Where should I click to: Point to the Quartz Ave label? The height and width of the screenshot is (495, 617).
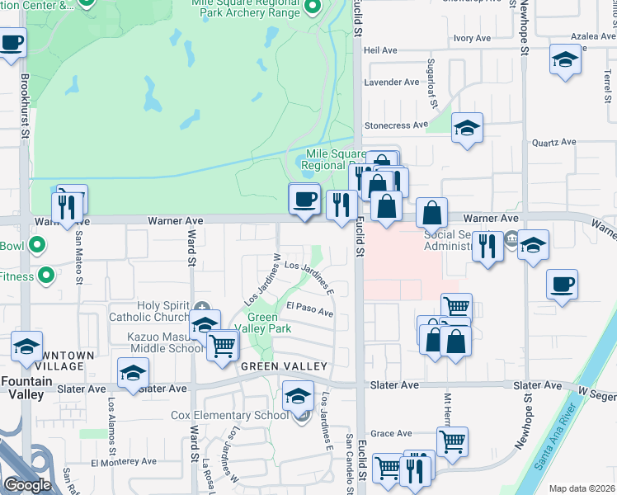[x=553, y=142]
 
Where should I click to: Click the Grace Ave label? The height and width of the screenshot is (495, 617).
[x=391, y=434]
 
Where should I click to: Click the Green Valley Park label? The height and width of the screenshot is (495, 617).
[x=269, y=323]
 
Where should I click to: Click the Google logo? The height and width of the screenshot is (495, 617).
[x=28, y=485]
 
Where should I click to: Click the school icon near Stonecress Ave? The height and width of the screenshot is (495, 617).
[x=467, y=128]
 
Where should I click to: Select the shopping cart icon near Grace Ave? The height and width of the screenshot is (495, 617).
[x=452, y=442]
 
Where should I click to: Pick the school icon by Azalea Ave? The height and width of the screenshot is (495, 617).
[x=566, y=60]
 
